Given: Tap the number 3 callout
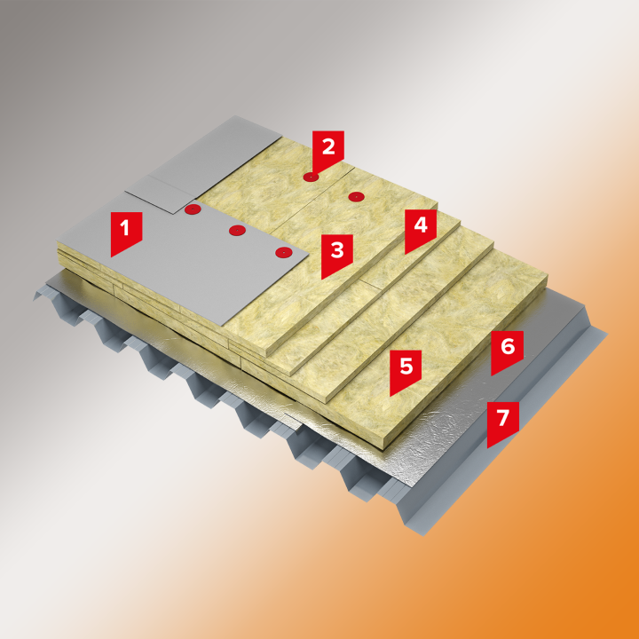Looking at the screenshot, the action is coord(337,255).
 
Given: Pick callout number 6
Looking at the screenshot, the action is coord(507,351).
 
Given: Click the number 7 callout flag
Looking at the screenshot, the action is coord(503,422).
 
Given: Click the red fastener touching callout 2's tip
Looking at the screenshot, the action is coord(312,177).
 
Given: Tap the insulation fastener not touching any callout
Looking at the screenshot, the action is coord(356,197).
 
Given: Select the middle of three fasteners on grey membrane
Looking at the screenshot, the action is coord(237,231).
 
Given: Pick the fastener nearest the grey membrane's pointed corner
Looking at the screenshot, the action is coord(284,253).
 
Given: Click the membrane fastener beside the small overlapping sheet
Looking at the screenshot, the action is coord(193,209).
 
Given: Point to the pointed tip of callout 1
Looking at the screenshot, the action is coord(111,256).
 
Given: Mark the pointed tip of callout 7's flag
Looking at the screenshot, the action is coord(488,448).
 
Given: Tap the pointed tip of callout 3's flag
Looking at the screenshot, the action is coord(322,280).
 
